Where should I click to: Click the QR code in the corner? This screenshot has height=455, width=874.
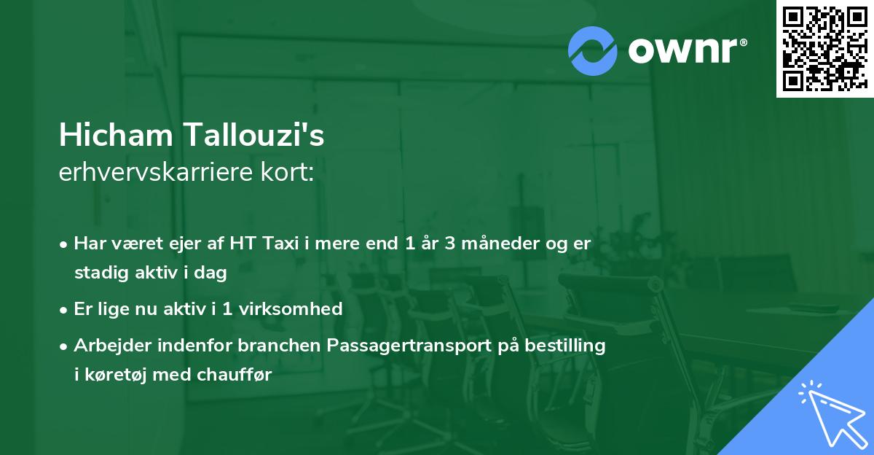pos(824,49)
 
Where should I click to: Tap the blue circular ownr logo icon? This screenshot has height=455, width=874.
pos(592,50)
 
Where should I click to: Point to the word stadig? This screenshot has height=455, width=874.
pos(99,273)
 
